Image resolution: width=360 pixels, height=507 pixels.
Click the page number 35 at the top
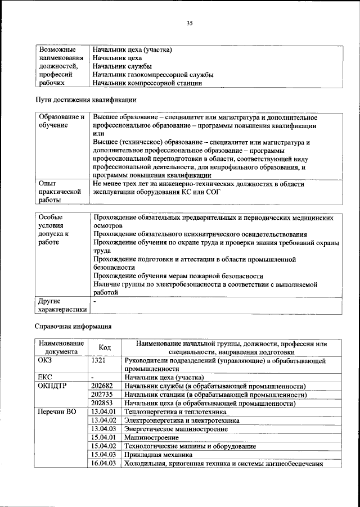point(190,23)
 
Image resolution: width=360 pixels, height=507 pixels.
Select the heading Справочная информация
point(74,326)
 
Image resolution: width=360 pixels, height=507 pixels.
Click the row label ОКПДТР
point(53,387)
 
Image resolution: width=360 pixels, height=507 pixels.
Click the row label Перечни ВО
point(56,412)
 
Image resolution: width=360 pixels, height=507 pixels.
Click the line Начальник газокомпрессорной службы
point(153,75)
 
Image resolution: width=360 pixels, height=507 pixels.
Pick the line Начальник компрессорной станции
point(147,83)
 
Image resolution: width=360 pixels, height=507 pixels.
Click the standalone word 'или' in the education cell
point(98,135)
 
